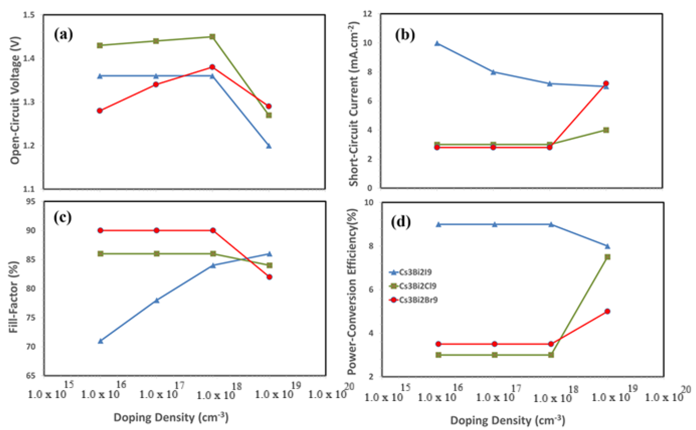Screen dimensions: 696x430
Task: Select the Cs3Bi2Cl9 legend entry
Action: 413,286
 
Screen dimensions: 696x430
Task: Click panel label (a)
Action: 63,35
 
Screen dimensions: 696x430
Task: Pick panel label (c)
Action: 62,218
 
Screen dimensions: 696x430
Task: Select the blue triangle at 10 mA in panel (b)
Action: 437,43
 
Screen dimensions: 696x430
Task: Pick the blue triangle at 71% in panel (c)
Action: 100,341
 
